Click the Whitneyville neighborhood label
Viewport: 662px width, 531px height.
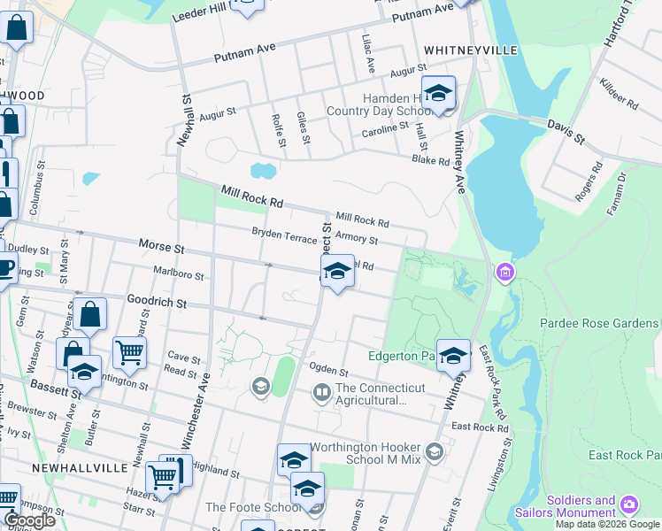pyautogui.click(x=470, y=50)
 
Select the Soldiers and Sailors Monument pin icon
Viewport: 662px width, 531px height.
pyautogui.click(x=629, y=504)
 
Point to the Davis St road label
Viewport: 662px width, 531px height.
pyautogui.click(x=566, y=133)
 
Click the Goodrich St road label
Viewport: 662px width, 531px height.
pyautogui.click(x=157, y=303)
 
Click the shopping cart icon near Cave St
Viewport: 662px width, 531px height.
pyautogui.click(x=130, y=352)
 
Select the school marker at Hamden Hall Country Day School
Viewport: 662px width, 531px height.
pyautogui.click(x=438, y=93)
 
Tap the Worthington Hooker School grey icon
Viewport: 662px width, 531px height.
pyautogui.click(x=434, y=452)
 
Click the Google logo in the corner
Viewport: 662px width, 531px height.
pyautogui.click(x=28, y=520)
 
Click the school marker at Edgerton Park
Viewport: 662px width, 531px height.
pyautogui.click(x=453, y=356)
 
